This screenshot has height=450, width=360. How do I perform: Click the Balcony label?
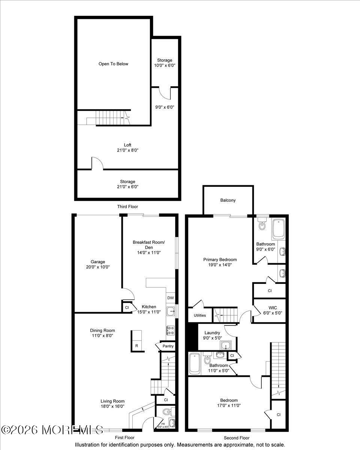[228, 200]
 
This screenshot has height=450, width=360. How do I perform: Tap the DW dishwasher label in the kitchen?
[171, 298]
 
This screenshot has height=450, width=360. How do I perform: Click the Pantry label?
[168, 346]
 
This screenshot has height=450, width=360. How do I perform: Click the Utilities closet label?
[199, 315]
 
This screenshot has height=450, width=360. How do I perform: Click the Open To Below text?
[113, 64]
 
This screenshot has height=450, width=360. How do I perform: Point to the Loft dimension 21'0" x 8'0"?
[127, 150]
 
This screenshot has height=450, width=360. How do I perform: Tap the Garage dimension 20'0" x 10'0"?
[97, 267]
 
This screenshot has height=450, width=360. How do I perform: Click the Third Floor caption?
[127, 207]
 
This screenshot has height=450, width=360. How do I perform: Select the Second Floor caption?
[237, 438]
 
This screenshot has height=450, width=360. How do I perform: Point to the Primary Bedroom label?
[220, 259]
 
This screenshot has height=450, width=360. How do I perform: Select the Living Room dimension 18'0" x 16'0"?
[112, 406]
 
